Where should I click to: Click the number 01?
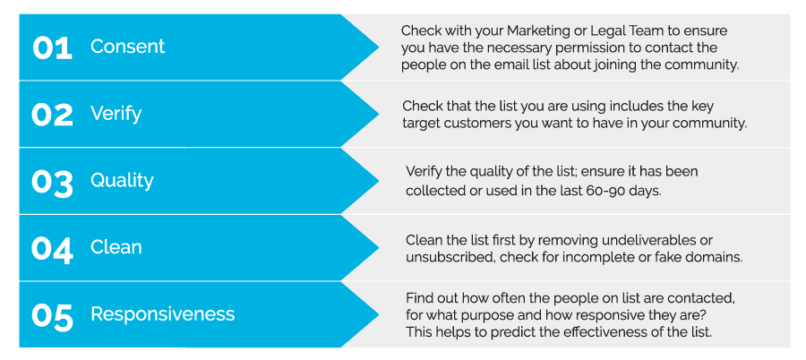(52, 47)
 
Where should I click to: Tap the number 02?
(52, 114)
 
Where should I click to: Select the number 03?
(52, 182)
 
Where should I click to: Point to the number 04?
(52, 248)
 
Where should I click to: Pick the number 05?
(52, 315)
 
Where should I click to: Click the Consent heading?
(127, 47)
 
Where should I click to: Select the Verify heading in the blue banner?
(116, 114)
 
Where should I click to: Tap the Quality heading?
(122, 181)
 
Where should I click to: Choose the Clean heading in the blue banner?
(116, 247)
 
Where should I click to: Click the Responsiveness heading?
(162, 314)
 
